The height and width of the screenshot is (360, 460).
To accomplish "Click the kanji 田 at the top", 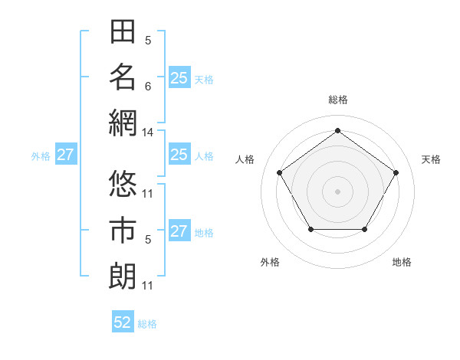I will (x=123, y=32).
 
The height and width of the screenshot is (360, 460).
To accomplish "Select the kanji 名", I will (x=123, y=77).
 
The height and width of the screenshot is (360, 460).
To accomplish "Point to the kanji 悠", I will (x=123, y=184).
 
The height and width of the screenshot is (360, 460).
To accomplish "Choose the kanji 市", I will (x=123, y=230).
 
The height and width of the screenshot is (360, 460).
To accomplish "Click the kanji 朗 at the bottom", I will (x=123, y=275).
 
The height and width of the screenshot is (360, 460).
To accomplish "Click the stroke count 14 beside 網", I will (x=148, y=133).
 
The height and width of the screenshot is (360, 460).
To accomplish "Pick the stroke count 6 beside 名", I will (x=148, y=87).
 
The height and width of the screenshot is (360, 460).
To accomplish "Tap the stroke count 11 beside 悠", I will (x=148, y=193).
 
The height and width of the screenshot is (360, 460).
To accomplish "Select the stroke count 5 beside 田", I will (x=148, y=41).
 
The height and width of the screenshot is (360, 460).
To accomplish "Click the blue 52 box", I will (x=123, y=322).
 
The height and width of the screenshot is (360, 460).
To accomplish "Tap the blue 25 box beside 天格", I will (x=179, y=78).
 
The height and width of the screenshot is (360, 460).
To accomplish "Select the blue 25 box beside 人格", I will (x=179, y=155).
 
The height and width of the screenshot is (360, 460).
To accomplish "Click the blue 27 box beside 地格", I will (x=179, y=231).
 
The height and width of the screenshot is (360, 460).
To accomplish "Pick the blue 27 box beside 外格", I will (x=65, y=155).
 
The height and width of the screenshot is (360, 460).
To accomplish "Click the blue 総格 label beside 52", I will (x=147, y=324).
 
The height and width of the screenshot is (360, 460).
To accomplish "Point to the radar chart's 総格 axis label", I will (x=338, y=100).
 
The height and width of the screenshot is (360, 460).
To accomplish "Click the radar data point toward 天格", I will (x=396, y=172).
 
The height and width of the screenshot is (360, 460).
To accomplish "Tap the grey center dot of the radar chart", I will (x=338, y=191).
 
